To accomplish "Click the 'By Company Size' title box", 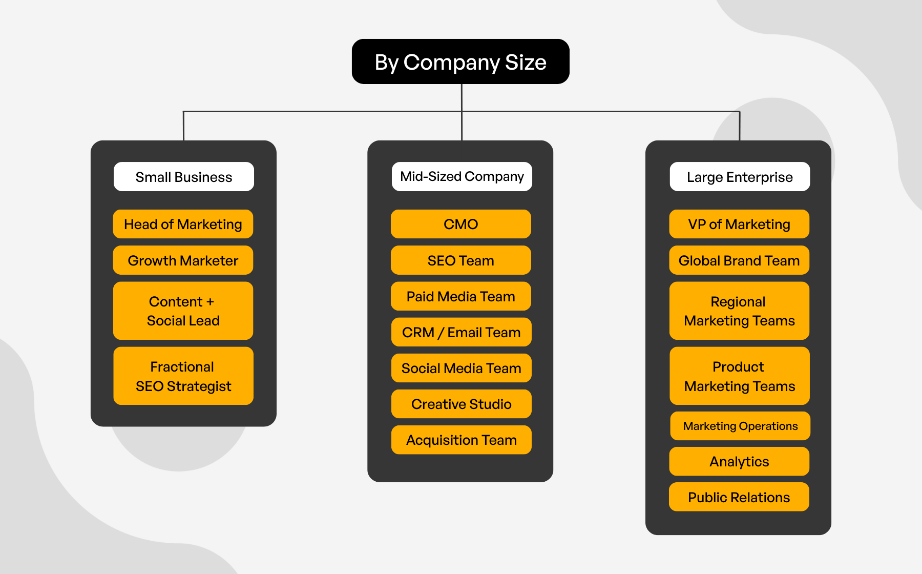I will click(x=460, y=61).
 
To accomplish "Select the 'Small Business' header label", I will click(x=183, y=177).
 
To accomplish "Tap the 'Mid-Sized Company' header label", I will click(x=462, y=177).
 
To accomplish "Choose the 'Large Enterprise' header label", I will click(x=740, y=177).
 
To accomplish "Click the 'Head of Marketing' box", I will click(x=183, y=224).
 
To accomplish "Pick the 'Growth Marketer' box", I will click(x=183, y=260).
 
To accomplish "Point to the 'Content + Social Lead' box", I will click(x=183, y=311).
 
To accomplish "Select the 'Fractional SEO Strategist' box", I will click(x=183, y=376).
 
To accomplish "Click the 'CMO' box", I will click(x=460, y=224).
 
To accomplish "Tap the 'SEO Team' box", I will click(x=460, y=260).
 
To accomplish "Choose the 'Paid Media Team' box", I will click(x=460, y=296).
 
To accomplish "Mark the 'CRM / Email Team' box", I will click(x=461, y=332).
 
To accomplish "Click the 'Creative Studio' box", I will click(x=461, y=404).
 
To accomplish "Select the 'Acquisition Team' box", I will click(x=461, y=440).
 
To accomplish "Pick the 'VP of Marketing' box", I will click(x=739, y=224).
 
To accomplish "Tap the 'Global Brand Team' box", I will click(x=739, y=260).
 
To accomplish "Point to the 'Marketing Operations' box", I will click(x=740, y=426).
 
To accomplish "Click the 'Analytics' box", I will click(x=739, y=461).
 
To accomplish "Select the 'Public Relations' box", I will click(x=739, y=497).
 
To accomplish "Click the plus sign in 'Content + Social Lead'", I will click(x=210, y=302).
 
